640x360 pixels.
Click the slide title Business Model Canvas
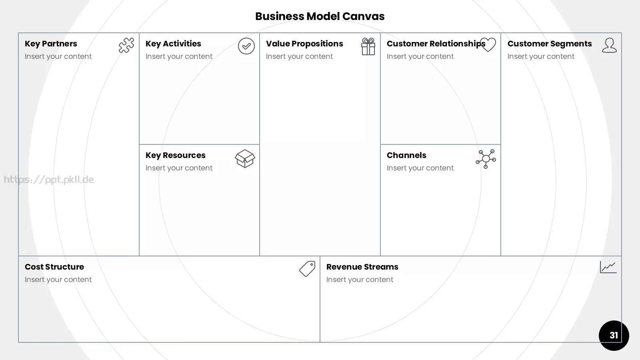(x=320, y=16)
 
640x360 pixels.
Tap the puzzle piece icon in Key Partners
(x=126, y=45)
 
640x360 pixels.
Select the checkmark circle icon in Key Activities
(x=246, y=46)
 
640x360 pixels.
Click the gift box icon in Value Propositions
(x=368, y=46)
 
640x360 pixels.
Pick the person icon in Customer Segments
(x=609, y=45)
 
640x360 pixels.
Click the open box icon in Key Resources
(x=245, y=158)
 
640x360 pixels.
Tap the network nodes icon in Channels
(x=486, y=159)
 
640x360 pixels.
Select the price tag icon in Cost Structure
(x=307, y=268)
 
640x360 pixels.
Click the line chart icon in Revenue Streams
(x=608, y=267)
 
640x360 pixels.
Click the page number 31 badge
(x=614, y=336)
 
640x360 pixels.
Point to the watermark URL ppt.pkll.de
(x=49, y=180)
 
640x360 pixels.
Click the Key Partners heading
(x=51, y=44)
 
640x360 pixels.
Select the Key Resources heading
(x=176, y=156)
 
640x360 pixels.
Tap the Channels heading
(x=406, y=155)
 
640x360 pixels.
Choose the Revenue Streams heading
(x=362, y=267)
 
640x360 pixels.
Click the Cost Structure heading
(x=54, y=267)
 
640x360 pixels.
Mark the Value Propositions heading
(x=304, y=44)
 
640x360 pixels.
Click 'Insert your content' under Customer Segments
(x=541, y=56)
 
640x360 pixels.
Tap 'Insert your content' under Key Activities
(x=179, y=56)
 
